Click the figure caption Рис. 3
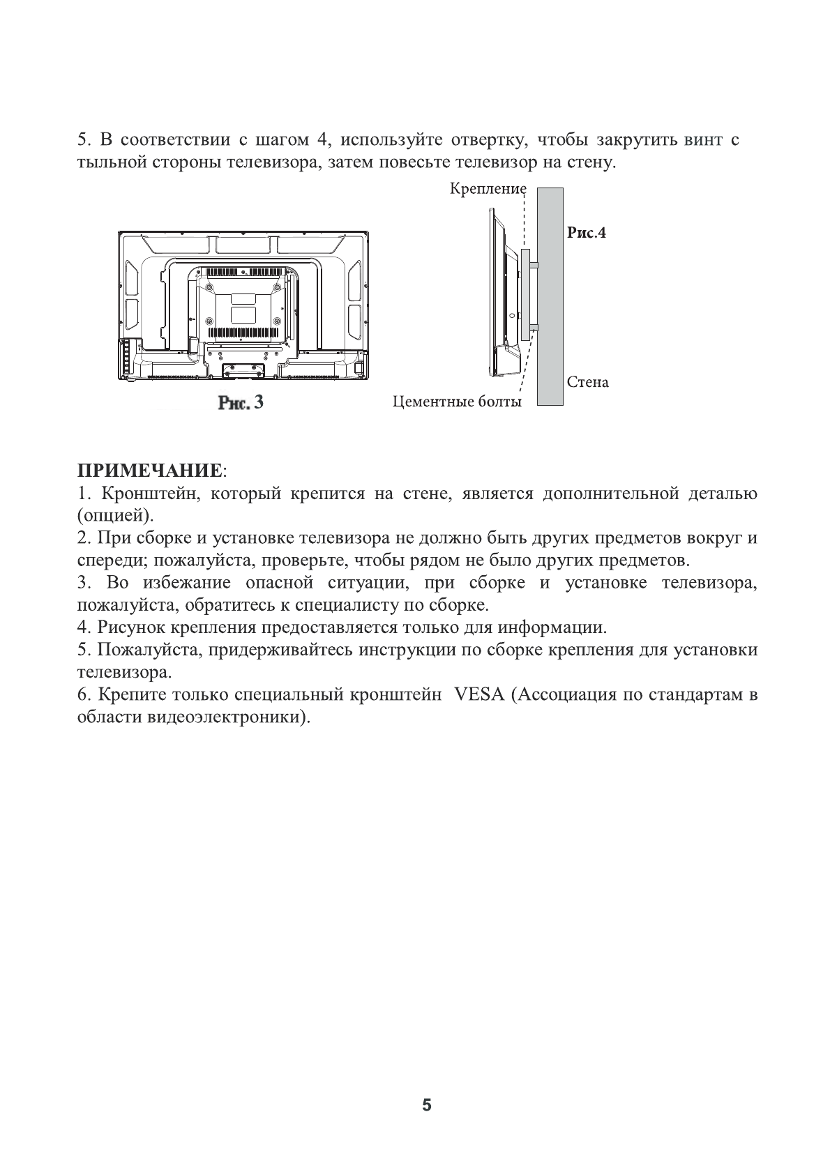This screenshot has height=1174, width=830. pos(241,403)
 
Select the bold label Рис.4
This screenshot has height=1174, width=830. pos(586,233)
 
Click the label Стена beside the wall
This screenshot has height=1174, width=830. pos(587,382)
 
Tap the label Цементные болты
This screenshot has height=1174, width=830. pos(457,402)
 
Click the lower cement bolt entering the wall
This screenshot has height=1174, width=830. pos(535,327)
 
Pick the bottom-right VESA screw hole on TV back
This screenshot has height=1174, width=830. pos(278,321)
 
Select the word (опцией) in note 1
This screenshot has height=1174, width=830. pos(115,517)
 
